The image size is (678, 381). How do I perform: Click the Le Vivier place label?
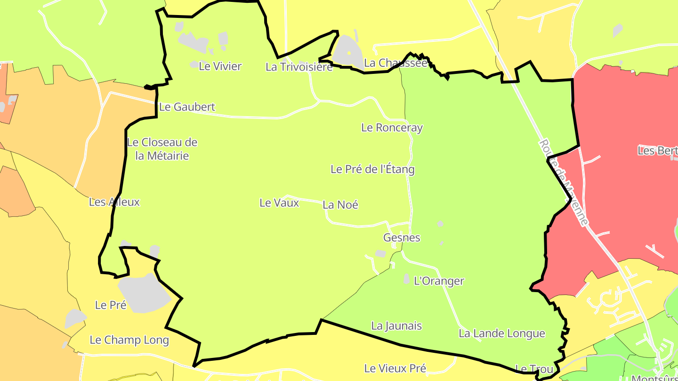(x=220, y=66)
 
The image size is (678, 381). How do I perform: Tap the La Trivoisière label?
(x=299, y=67)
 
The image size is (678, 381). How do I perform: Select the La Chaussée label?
(x=395, y=63)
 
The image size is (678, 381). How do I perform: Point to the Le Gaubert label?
(x=187, y=107)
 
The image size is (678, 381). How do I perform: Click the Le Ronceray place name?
(x=392, y=127)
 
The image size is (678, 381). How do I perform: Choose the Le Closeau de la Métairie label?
(x=162, y=149)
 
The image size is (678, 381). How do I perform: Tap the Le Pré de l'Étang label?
(x=372, y=169)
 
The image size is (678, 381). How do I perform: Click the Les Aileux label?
(x=114, y=202)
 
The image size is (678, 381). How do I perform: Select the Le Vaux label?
(x=279, y=203)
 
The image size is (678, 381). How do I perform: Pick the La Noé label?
(x=340, y=205)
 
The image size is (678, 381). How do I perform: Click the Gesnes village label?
(x=402, y=238)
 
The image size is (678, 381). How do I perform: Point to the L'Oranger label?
(x=439, y=281)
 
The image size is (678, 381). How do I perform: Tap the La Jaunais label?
(x=396, y=326)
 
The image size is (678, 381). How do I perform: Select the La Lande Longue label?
(x=502, y=334)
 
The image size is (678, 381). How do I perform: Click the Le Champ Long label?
(x=129, y=340)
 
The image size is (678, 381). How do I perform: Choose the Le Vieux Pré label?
(x=395, y=368)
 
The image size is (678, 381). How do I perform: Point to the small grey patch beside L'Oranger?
(x=407, y=279)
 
